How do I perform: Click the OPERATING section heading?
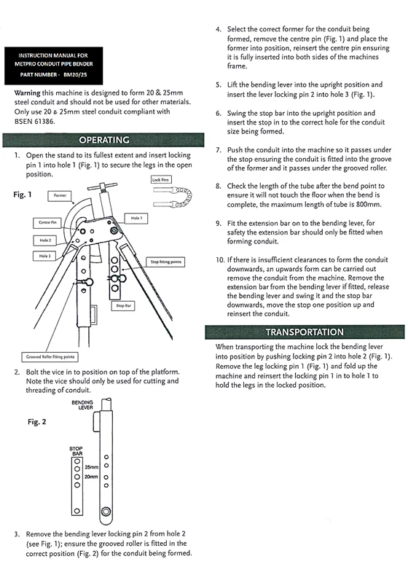coord(104,140)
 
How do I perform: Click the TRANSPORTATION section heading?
coord(305,332)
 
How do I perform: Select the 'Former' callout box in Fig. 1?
coord(60,196)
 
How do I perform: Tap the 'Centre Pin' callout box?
coord(47,223)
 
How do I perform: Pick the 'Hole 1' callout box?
coord(136,219)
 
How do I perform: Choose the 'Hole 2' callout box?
coord(45,240)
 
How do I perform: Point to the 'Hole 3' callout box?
coord(44,257)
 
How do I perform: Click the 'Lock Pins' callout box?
coord(161,180)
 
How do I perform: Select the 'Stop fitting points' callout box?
coord(165,262)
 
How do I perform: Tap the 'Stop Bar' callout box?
coord(123,306)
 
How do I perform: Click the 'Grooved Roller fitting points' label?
coord(50,357)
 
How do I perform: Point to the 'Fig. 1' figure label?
coord(23,195)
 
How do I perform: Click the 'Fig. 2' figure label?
coord(37,422)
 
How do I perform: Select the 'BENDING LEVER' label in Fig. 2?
coord(82,405)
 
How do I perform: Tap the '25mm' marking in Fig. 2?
coord(92,467)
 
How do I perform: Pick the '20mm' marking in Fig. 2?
coord(91,477)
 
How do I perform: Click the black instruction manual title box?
coord(53,66)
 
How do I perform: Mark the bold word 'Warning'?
coord(27,93)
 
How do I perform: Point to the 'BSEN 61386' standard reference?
coord(34,121)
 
